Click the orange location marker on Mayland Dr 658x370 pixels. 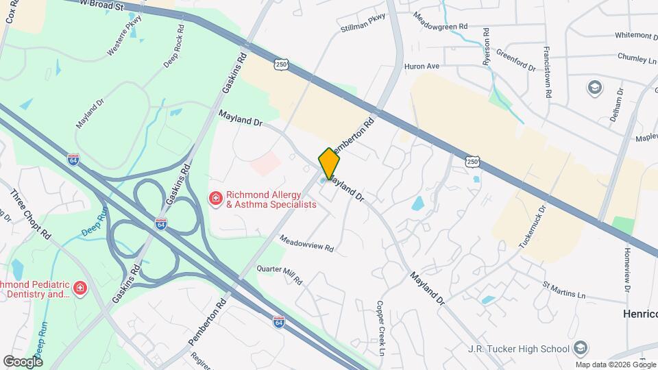[x=329, y=163]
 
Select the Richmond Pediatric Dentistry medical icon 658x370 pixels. [x=80, y=287]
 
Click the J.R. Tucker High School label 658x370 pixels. [x=520, y=348]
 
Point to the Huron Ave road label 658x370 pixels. [x=421, y=66]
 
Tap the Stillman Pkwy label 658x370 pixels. [x=363, y=24]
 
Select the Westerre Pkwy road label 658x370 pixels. [x=123, y=41]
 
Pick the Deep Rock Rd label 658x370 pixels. [x=174, y=47]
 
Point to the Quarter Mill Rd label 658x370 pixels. [x=279, y=274]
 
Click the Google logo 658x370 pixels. [x=23, y=361]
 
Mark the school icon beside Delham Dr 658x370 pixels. [x=594, y=87]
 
